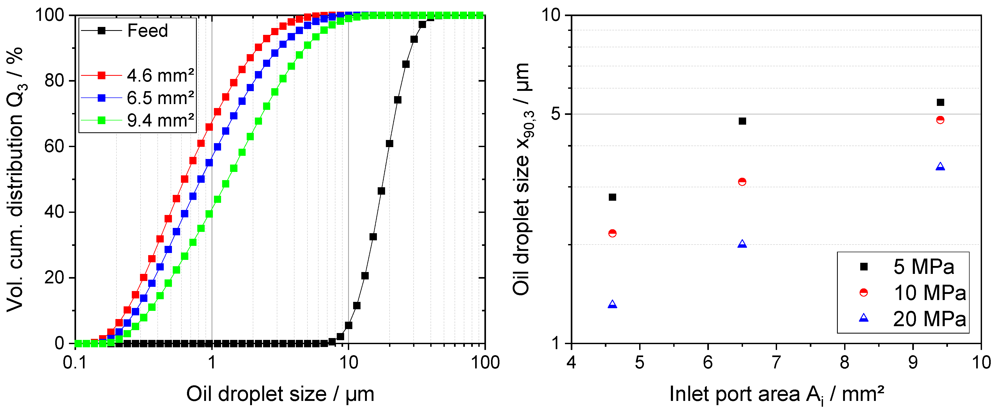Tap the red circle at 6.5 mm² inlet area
[x=742, y=182]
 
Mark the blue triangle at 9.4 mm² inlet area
[x=940, y=167]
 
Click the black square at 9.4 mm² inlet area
[x=940, y=102]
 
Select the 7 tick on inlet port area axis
[x=776, y=363]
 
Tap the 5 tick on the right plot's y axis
[x=556, y=114]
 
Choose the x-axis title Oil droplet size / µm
[x=280, y=394]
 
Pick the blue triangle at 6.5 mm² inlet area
[x=742, y=244]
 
